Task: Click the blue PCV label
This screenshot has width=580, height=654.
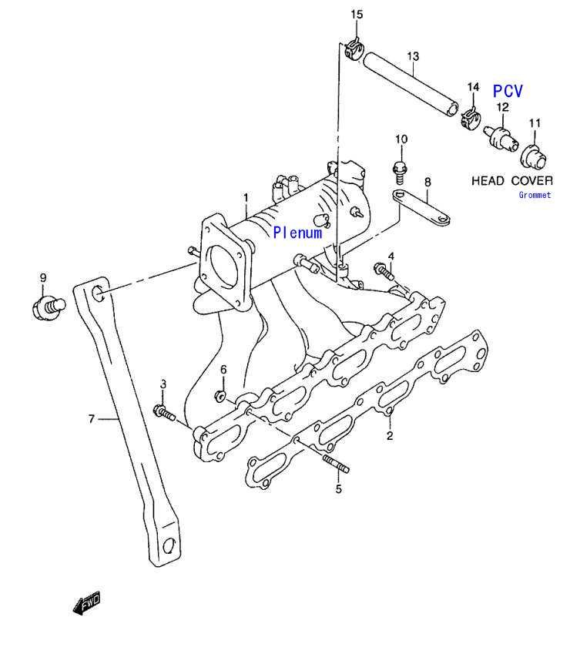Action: (508, 91)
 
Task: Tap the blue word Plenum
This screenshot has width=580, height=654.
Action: (298, 233)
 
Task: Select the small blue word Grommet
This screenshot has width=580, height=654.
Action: (535, 195)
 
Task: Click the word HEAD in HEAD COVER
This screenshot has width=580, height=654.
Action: (488, 180)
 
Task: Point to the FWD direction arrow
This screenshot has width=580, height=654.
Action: (87, 602)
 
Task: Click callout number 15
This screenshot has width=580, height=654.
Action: (357, 15)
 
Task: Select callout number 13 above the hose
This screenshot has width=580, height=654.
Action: (413, 56)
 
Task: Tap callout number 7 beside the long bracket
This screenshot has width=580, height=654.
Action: (92, 418)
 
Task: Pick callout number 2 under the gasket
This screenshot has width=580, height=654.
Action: (390, 436)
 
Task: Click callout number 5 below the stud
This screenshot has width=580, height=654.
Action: (339, 489)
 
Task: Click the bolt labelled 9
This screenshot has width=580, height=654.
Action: (49, 308)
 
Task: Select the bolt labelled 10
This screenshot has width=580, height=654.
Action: (400, 172)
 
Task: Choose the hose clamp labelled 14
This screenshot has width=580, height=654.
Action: (471, 117)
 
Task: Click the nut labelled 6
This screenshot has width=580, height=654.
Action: (220, 396)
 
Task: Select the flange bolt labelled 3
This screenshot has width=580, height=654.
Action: (164, 412)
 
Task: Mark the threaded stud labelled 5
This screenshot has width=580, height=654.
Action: (336, 464)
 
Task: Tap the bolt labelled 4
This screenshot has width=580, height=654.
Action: (384, 271)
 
